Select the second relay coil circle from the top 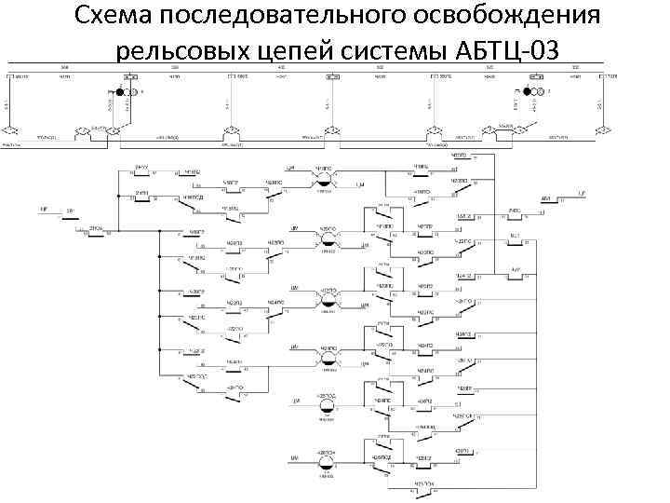coord(328,235)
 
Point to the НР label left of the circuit coord(44,210)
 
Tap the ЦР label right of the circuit coord(581,194)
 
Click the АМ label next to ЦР coord(544,198)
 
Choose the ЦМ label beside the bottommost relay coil coord(293,458)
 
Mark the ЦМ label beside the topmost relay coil coord(291,168)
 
